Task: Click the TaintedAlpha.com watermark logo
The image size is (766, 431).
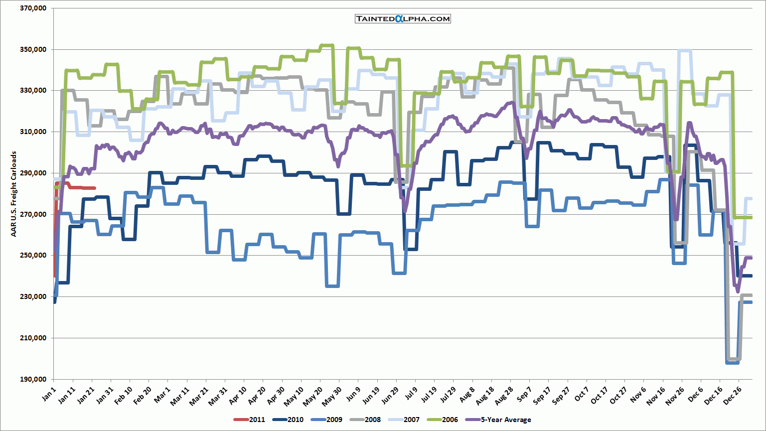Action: coord(403,19)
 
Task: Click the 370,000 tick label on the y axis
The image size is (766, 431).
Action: coord(33,8)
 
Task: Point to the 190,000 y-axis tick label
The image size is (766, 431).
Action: coord(33,379)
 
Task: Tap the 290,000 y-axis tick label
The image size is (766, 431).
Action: coord(33,173)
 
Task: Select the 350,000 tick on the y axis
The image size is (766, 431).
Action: coord(33,49)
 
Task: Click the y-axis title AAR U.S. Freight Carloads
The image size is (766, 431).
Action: coord(14,194)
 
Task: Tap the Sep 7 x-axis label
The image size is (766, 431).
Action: coord(524,395)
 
